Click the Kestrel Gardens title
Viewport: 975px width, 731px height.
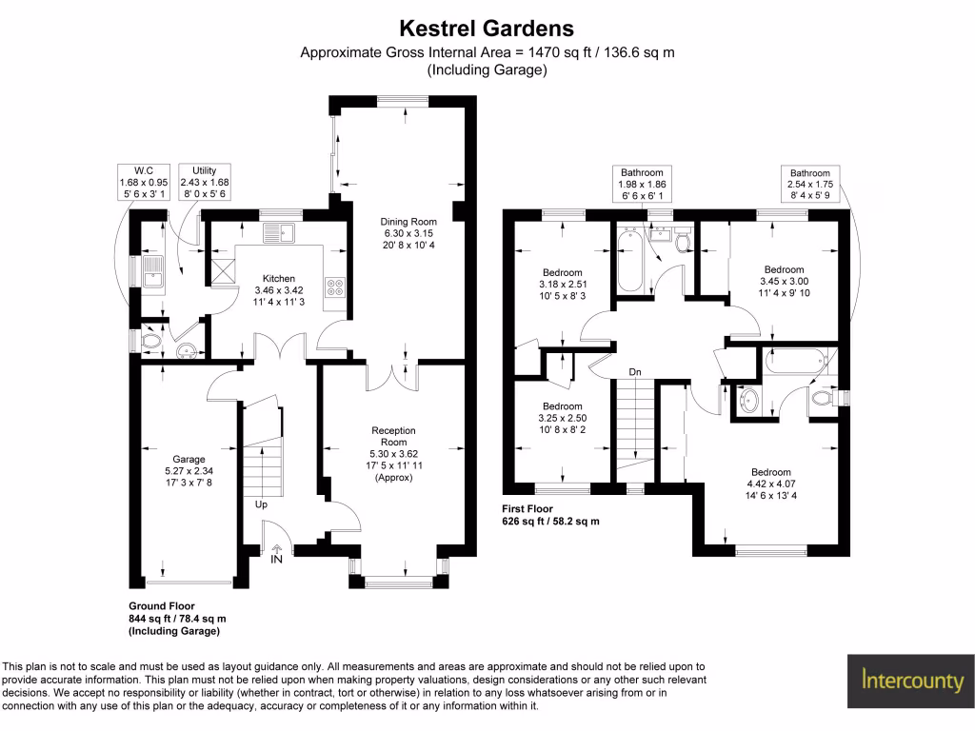[x=487, y=29]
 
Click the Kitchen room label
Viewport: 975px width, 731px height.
[x=280, y=278]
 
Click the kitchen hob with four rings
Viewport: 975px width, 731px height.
[x=336, y=285]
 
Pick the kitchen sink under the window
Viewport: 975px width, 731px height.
[x=283, y=231]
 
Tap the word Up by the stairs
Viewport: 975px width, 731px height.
[x=261, y=504]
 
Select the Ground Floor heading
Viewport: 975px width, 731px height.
[x=162, y=605]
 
